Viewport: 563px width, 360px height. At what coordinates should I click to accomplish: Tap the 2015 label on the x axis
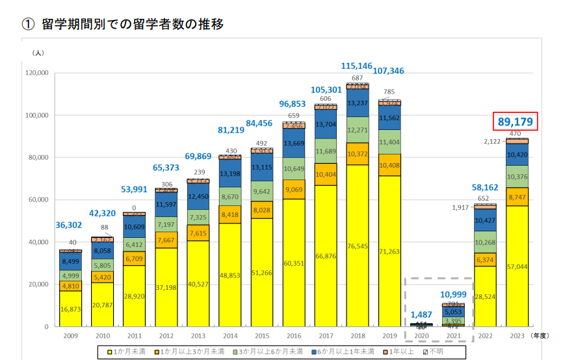(x=261, y=335)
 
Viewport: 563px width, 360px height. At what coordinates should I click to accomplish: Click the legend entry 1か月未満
(x=127, y=352)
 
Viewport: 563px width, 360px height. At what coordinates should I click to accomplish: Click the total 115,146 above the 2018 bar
(x=357, y=66)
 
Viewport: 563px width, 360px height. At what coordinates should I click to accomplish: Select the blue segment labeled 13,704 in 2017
(x=325, y=125)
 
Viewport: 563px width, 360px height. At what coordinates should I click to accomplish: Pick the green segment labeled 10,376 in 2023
(x=517, y=176)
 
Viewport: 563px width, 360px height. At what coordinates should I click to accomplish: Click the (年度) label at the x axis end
(x=541, y=335)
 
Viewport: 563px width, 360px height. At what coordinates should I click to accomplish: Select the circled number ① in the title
(x=27, y=25)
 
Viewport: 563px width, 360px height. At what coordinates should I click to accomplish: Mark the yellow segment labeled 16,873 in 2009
(x=70, y=309)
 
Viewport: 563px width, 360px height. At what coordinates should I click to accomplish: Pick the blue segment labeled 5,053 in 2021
(x=452, y=311)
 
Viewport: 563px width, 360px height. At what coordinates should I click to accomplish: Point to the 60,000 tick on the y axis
(x=36, y=199)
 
